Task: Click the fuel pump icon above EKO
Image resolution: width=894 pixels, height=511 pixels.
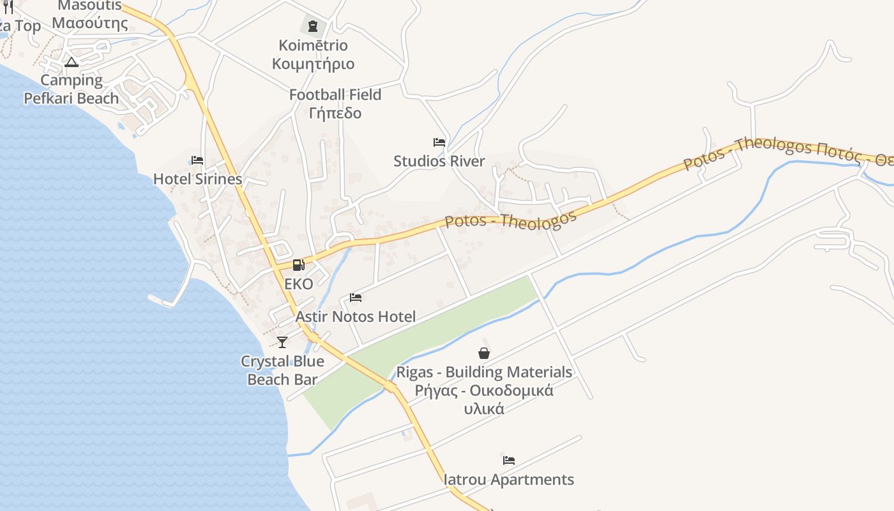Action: point(298,265)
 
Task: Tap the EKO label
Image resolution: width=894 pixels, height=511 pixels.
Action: point(299,284)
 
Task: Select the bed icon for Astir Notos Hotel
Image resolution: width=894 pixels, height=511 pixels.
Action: point(356,298)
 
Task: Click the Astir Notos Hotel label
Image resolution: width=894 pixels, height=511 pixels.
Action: point(355,316)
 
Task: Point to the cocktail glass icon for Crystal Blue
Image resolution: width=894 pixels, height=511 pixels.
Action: point(282,342)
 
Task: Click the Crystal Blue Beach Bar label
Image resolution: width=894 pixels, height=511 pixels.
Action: point(282,370)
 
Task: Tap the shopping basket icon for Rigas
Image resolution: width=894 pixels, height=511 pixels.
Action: point(484,353)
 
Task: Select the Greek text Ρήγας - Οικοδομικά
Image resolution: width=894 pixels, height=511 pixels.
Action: point(474,390)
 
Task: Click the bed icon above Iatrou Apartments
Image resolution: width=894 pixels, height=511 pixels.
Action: point(508,460)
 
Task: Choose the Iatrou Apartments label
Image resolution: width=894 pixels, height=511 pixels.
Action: point(508,479)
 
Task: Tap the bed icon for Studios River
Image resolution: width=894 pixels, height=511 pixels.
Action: point(439,142)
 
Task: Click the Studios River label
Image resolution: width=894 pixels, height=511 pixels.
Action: point(439,161)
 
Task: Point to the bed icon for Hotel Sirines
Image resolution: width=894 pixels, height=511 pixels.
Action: point(197,160)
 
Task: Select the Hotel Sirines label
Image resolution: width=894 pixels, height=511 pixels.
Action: point(197,179)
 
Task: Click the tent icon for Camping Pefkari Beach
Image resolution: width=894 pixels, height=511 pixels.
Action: point(72,62)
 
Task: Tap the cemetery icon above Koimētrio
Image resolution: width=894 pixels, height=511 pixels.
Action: point(312,26)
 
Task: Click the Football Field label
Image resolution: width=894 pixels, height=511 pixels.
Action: point(335,95)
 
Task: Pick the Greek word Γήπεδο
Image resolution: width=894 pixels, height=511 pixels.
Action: point(335,113)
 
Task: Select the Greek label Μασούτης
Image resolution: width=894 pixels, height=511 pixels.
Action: point(90,24)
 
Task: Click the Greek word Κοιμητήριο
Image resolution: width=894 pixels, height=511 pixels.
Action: point(313,64)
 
